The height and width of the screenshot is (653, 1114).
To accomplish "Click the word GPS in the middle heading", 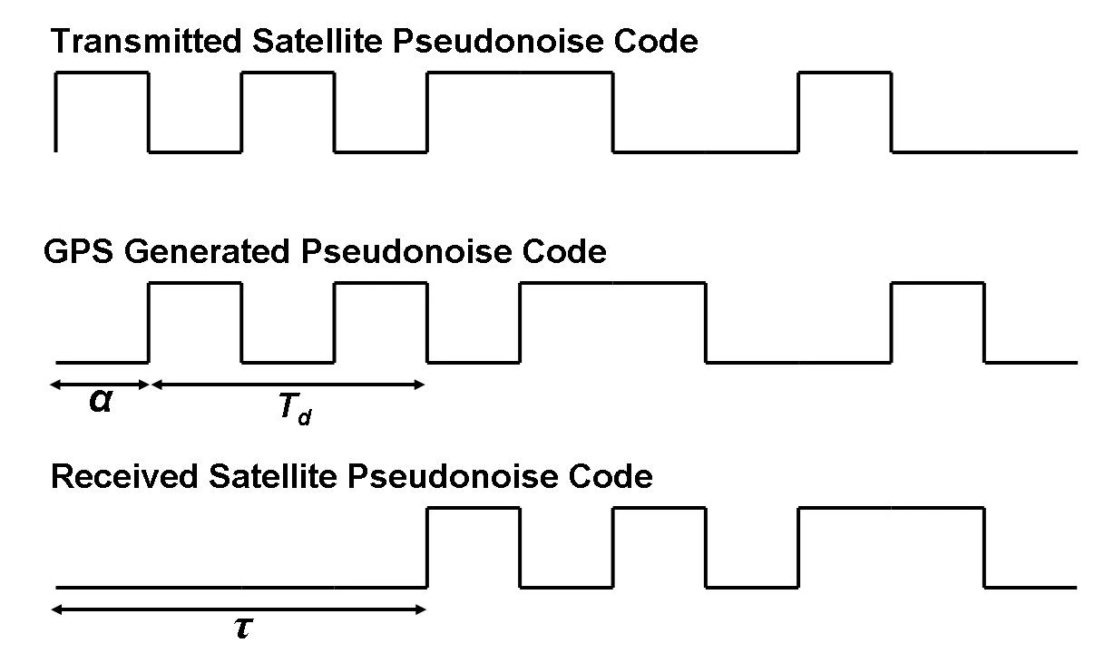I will (80, 251).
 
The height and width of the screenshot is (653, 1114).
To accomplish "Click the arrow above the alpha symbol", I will (100, 385).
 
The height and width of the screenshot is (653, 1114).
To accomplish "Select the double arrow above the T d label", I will (288, 385).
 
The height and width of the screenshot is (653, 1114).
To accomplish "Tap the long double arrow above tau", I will (239, 609).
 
